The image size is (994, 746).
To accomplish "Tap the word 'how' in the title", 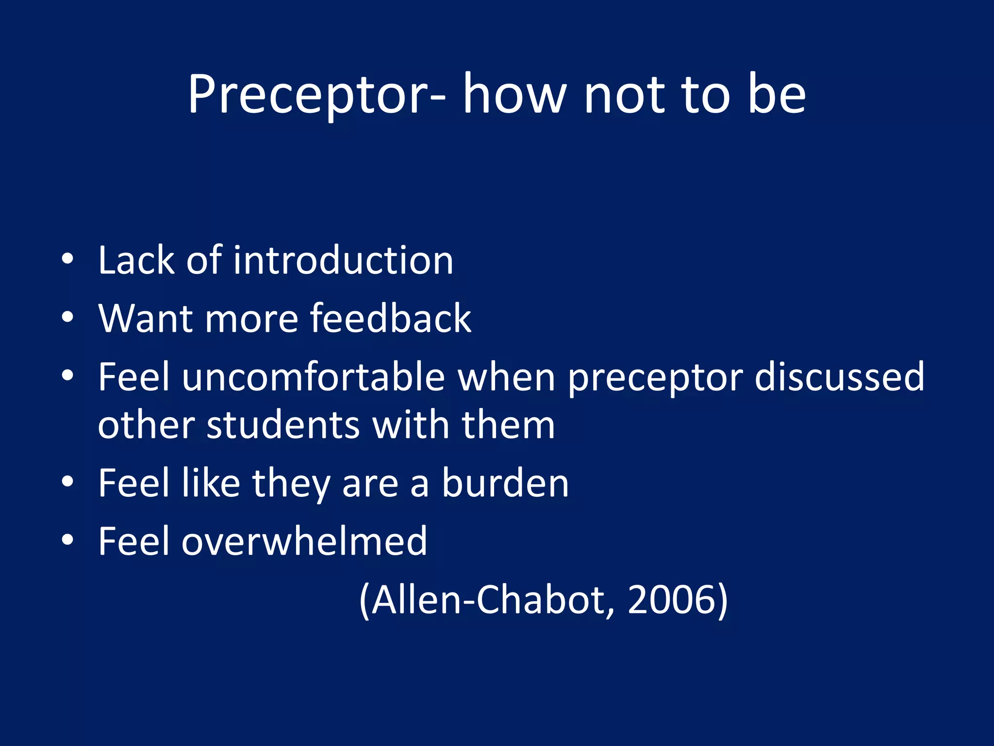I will (x=514, y=95).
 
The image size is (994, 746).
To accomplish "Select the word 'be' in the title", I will (x=777, y=95).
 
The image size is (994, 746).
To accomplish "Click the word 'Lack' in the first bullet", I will (x=136, y=261).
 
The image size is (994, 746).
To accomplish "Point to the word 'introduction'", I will (x=343, y=261).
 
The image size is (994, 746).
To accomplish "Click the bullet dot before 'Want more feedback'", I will (x=67, y=318).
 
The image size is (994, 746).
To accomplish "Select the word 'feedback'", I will (x=391, y=319).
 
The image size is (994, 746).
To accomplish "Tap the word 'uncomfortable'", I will (x=314, y=377).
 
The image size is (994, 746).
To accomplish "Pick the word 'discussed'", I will (x=840, y=377).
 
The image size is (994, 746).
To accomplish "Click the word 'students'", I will (x=283, y=425).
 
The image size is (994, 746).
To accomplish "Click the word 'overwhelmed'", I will (x=304, y=542).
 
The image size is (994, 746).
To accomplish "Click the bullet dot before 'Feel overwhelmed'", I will (x=67, y=540).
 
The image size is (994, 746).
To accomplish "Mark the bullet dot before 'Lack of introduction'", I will (x=67, y=259).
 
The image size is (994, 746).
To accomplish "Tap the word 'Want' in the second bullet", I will (x=146, y=319).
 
